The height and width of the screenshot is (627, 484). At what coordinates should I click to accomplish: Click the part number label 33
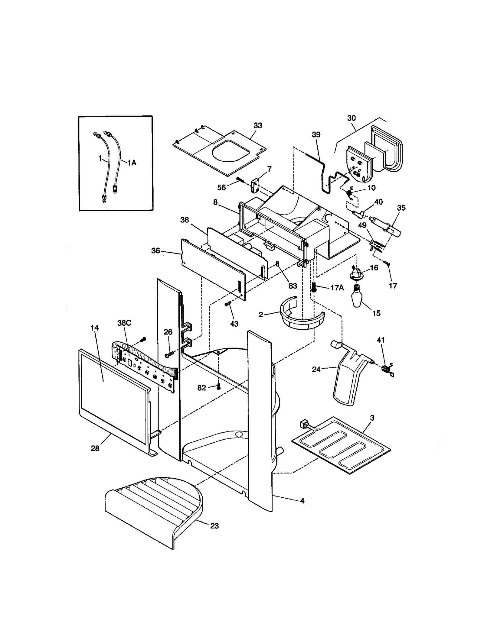(x=257, y=125)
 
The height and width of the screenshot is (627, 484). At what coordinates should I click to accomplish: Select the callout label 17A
(x=337, y=288)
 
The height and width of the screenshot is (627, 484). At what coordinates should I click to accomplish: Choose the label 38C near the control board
(x=124, y=323)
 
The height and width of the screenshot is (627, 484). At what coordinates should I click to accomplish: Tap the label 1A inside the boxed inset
(x=131, y=163)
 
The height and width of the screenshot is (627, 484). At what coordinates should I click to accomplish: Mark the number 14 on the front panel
(x=94, y=328)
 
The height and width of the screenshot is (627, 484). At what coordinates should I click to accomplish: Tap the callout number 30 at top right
(x=351, y=118)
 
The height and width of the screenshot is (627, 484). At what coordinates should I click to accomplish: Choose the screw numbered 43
(x=228, y=304)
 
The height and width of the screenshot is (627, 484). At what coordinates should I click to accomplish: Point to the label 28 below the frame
(x=95, y=448)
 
